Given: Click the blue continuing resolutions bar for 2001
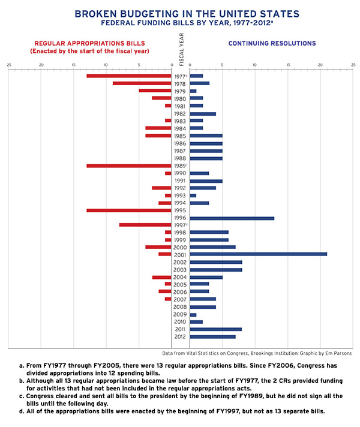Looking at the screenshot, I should tap(258, 254).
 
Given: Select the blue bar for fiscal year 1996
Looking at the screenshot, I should tap(232, 218).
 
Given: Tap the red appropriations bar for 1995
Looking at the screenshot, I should tap(129, 211).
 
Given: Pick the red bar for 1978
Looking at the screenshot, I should tap(142, 83).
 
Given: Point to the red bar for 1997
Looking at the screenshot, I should tap(145, 225).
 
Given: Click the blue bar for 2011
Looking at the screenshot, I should tap(215, 329).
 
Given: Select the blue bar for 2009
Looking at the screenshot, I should tap(193, 314).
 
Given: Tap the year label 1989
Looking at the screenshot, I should tap(180, 166).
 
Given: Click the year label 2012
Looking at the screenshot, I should tap(180, 336).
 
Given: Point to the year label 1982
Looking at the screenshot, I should tap(180, 114).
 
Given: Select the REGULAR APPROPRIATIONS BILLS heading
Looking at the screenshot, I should tap(89, 44).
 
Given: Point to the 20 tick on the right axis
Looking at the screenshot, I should tap(320, 64).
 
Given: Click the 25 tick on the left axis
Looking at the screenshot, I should tap(9, 64).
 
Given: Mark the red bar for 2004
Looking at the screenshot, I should tap(161, 277).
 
